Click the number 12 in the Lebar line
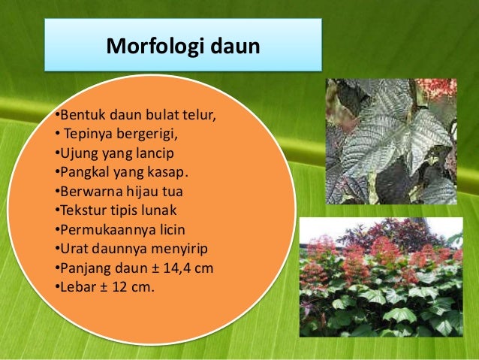[116, 285]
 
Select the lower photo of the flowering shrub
[381, 277]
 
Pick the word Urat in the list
[73, 247]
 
